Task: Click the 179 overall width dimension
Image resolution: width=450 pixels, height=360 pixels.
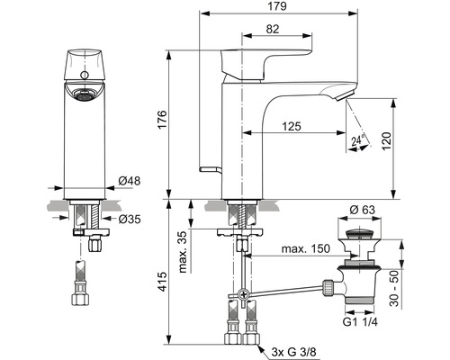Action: click(277, 6)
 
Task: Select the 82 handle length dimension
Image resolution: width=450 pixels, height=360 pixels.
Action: click(273, 29)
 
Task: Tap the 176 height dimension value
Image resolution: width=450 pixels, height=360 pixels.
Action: click(162, 120)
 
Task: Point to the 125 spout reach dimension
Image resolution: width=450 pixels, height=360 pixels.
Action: click(292, 126)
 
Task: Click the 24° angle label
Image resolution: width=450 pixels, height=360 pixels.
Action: click(358, 140)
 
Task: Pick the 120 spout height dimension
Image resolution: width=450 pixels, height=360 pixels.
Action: click(387, 141)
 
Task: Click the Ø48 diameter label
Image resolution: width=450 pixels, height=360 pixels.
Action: click(130, 181)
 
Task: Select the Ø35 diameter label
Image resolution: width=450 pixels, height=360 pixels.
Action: click(130, 220)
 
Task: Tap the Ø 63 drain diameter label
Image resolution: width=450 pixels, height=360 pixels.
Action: click(363, 210)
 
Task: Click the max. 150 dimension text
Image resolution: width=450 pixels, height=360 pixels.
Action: click(306, 248)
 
